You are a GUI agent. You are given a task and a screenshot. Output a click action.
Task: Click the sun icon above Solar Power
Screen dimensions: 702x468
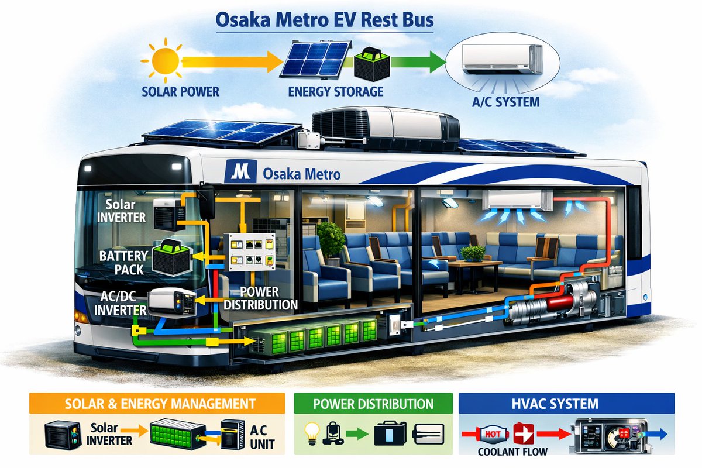point(165,60)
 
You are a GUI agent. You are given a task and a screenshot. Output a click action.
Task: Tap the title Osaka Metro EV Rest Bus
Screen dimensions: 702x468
point(325,20)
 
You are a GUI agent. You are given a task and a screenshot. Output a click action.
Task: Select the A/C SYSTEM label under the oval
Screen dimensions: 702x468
point(506,102)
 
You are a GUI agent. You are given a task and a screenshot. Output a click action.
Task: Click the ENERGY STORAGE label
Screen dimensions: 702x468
point(336,91)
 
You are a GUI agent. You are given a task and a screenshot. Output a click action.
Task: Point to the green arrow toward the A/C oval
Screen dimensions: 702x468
point(418,62)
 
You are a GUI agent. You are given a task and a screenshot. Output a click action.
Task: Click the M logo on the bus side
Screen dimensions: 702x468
point(240,171)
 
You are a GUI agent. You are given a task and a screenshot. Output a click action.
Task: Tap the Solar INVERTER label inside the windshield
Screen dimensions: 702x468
point(121,211)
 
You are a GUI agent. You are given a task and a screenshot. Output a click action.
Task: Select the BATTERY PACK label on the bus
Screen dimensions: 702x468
point(123,263)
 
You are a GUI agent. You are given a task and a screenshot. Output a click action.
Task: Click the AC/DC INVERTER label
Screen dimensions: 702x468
point(120,303)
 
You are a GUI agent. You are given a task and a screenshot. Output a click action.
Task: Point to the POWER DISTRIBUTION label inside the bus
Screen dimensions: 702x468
point(260,298)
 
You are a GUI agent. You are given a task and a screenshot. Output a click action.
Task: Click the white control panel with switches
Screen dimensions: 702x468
point(250,252)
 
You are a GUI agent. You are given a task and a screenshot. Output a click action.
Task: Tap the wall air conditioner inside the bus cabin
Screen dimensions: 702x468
point(517,200)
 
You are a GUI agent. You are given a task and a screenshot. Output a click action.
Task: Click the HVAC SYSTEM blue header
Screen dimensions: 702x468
point(567,404)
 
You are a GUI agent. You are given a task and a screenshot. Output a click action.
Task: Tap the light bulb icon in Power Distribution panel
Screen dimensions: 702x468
point(312,433)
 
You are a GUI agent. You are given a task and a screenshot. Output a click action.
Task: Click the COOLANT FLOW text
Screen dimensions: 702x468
point(512,452)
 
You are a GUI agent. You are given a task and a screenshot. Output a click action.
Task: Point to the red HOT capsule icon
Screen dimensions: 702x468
point(493,434)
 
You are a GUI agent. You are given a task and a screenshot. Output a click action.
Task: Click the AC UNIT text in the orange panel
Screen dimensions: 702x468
point(262,437)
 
